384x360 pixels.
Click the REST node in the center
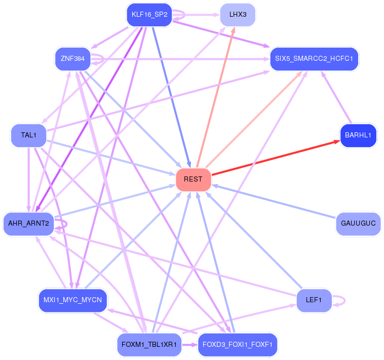[193, 179]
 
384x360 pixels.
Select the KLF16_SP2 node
[149, 15]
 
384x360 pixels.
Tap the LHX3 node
[238, 15]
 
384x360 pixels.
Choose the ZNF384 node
[73, 59]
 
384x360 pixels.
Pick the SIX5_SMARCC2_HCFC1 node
[314, 59]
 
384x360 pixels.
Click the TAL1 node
[29, 135]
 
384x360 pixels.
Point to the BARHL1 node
[358, 135]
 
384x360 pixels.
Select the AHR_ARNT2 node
[29, 224]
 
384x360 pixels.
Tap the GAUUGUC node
[358, 224]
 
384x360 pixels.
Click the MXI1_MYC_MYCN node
[73, 300]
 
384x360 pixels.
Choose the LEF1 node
[314, 300]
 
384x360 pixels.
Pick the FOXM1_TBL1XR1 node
[149, 345]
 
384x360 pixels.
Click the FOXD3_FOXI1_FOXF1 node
[238, 345]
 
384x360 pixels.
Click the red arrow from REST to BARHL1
[276, 158]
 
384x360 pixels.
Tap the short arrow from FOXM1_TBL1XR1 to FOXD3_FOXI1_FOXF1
[189, 345]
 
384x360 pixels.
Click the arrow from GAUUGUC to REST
[274, 201]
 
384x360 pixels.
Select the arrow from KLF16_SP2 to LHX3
[196, 15]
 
